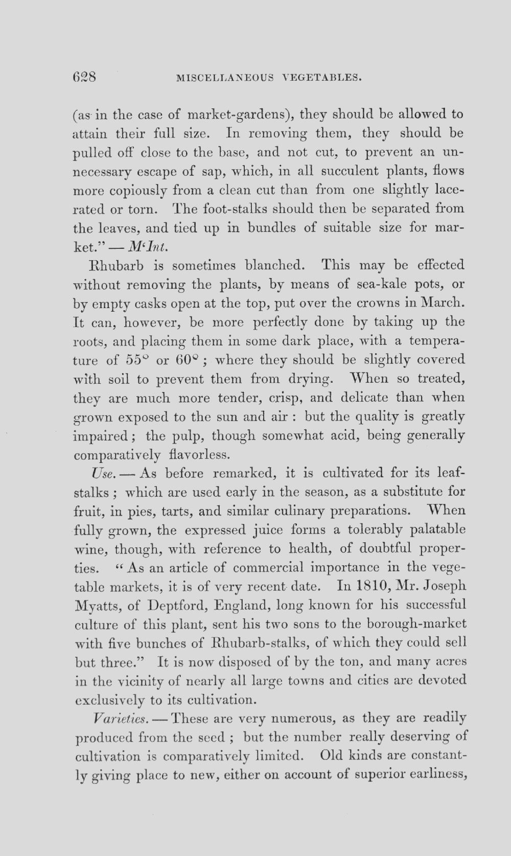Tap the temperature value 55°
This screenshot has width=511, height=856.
click(136, 360)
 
